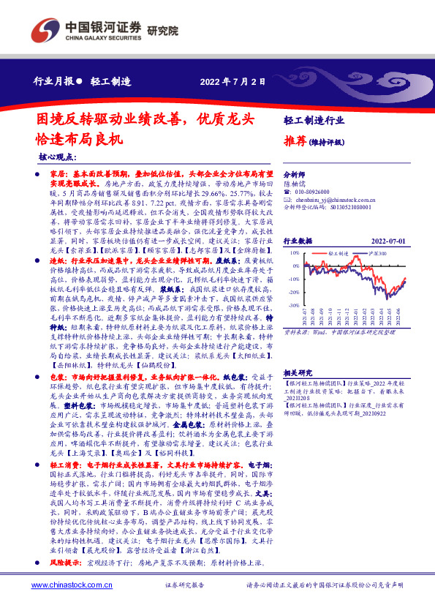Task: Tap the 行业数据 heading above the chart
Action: [x=298, y=240]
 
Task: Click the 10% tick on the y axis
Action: [x=293, y=252]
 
